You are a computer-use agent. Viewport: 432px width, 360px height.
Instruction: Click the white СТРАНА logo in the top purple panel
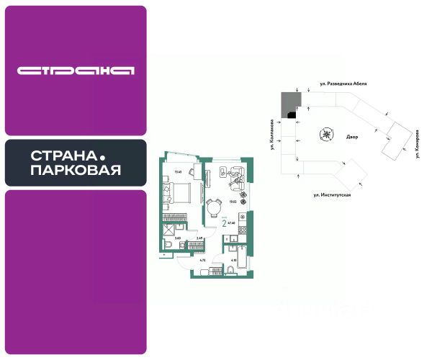(76, 71)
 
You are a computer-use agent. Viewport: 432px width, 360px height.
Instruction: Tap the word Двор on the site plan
(352, 136)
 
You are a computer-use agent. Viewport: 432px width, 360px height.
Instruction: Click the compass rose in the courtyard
(328, 134)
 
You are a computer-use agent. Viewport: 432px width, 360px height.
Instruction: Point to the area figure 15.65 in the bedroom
(178, 171)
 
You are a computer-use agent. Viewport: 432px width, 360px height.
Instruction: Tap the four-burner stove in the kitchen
(243, 216)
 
